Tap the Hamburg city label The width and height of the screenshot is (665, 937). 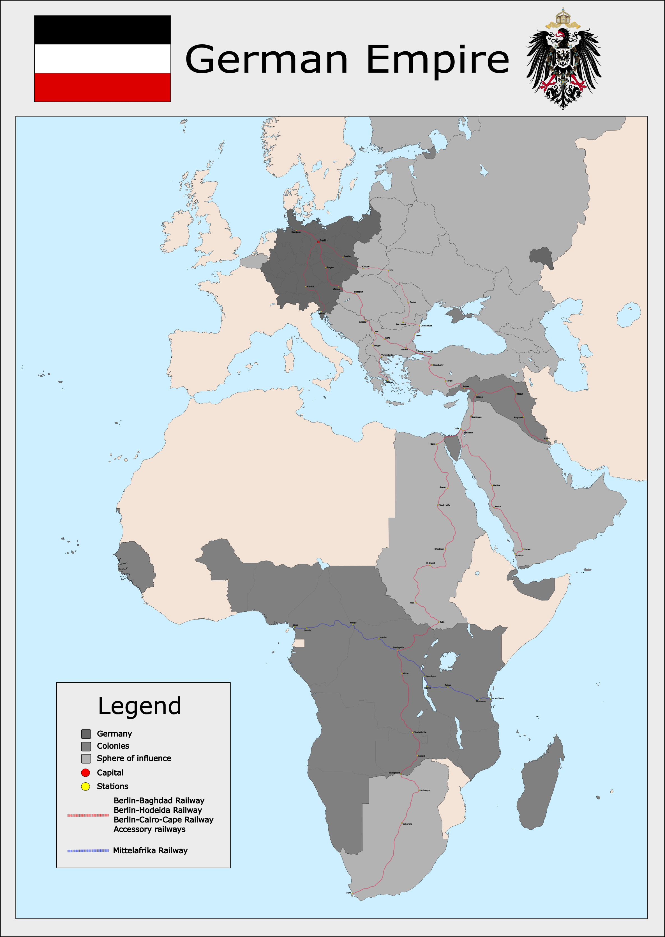point(296,232)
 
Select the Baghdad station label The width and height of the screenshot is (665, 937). point(518,417)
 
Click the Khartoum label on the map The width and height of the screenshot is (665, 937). point(439,549)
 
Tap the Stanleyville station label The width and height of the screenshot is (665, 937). point(398,647)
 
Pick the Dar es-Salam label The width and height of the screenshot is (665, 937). point(498,698)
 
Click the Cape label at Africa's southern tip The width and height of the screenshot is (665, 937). point(348,892)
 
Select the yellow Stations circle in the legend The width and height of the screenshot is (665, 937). point(86,786)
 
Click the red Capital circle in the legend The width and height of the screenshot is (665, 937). point(86,773)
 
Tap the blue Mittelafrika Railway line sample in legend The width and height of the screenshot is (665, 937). point(88,851)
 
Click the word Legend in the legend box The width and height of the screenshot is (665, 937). point(139,706)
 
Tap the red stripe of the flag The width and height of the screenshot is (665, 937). point(102,87)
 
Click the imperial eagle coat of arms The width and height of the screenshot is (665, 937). point(564,60)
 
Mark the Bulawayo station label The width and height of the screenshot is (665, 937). point(425,790)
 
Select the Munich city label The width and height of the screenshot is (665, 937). point(310,287)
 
